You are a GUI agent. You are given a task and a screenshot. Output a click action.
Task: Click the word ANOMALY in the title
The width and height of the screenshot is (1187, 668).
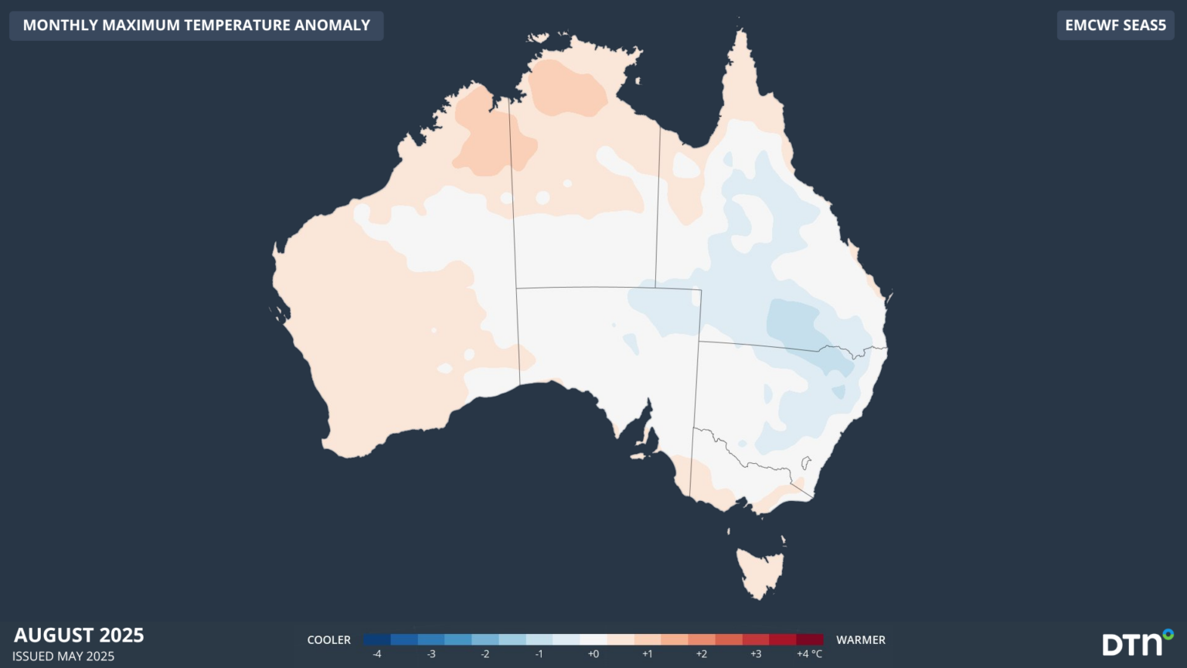coord(332,25)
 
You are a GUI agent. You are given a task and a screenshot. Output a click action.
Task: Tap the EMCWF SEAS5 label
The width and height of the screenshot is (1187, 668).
coord(1115,25)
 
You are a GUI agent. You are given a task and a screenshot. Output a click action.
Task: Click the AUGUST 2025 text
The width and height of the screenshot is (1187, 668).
coord(79,635)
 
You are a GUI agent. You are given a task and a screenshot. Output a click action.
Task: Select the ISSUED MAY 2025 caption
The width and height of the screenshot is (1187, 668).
coord(63,656)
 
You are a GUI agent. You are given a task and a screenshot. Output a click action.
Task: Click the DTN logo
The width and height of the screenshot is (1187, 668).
coord(1137,642)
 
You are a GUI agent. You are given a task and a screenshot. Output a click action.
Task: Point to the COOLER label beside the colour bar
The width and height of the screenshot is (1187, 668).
coord(328,640)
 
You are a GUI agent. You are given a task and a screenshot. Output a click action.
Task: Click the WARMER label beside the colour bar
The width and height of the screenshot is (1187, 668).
coord(860,640)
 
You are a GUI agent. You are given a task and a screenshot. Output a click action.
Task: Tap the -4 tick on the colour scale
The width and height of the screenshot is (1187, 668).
coord(377,654)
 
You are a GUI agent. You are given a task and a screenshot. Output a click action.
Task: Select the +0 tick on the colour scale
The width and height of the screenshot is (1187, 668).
coord(593,654)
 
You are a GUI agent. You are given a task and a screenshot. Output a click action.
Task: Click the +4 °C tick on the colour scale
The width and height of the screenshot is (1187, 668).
coord(809,654)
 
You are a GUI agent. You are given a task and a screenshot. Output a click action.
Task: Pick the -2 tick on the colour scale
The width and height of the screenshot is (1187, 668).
coord(485,654)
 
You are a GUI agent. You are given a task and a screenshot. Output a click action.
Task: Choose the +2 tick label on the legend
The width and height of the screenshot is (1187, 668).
coord(701,654)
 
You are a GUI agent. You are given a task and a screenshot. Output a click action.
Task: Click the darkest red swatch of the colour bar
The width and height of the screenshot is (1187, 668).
coord(810,639)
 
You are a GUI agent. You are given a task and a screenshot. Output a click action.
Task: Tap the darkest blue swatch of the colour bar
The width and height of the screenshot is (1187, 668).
coord(377,639)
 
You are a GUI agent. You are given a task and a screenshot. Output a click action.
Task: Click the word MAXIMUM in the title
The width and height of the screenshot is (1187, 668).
coord(141,25)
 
